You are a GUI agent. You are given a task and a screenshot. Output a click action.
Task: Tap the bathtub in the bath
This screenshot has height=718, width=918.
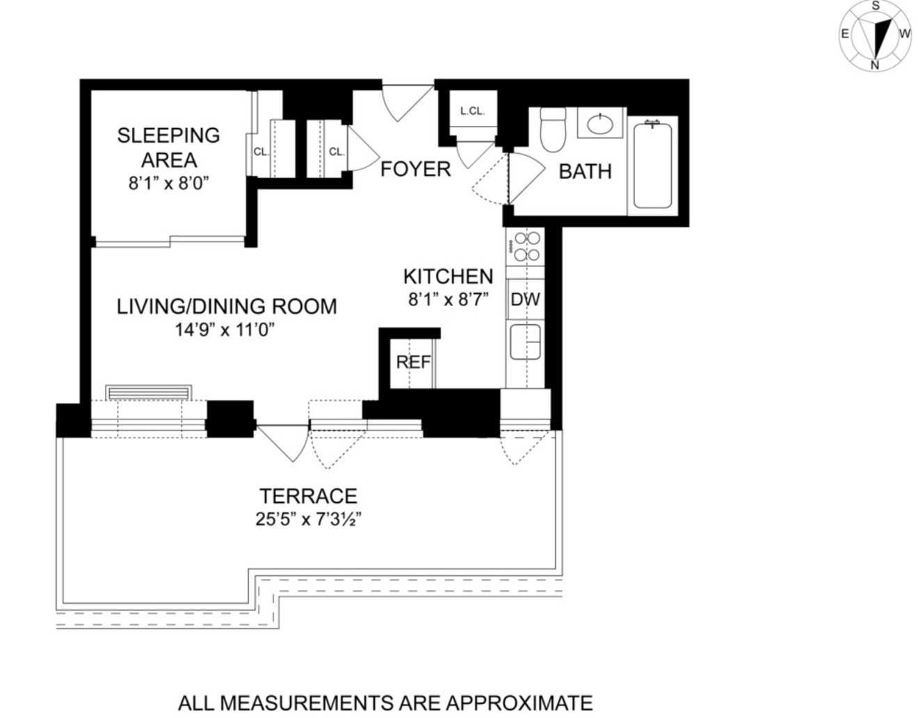click(x=652, y=166)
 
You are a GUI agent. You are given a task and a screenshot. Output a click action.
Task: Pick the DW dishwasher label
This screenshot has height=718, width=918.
click(x=525, y=300)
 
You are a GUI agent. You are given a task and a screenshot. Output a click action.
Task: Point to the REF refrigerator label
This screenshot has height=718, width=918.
click(x=413, y=362)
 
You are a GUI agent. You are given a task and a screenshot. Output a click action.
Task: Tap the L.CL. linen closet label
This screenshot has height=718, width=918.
click(x=472, y=111)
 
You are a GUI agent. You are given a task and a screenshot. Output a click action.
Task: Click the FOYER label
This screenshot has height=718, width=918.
click(x=415, y=169)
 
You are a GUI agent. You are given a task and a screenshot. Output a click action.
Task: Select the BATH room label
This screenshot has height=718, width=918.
click(x=585, y=171)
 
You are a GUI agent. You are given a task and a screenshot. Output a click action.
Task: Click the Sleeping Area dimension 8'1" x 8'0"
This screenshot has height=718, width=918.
click(x=168, y=184)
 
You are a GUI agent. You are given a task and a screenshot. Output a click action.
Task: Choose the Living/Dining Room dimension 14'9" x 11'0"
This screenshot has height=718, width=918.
click(x=226, y=330)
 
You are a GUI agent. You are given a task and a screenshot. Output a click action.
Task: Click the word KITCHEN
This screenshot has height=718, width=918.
click(x=448, y=276)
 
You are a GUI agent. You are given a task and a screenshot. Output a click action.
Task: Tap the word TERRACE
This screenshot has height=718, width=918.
click(x=308, y=496)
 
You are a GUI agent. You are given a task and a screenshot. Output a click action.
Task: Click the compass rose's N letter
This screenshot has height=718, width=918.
click(x=875, y=65)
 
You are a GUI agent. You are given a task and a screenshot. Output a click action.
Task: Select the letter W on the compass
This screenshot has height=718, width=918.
click(x=904, y=33)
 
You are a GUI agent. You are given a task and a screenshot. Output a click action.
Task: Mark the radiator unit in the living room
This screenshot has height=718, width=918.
click(x=149, y=392)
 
